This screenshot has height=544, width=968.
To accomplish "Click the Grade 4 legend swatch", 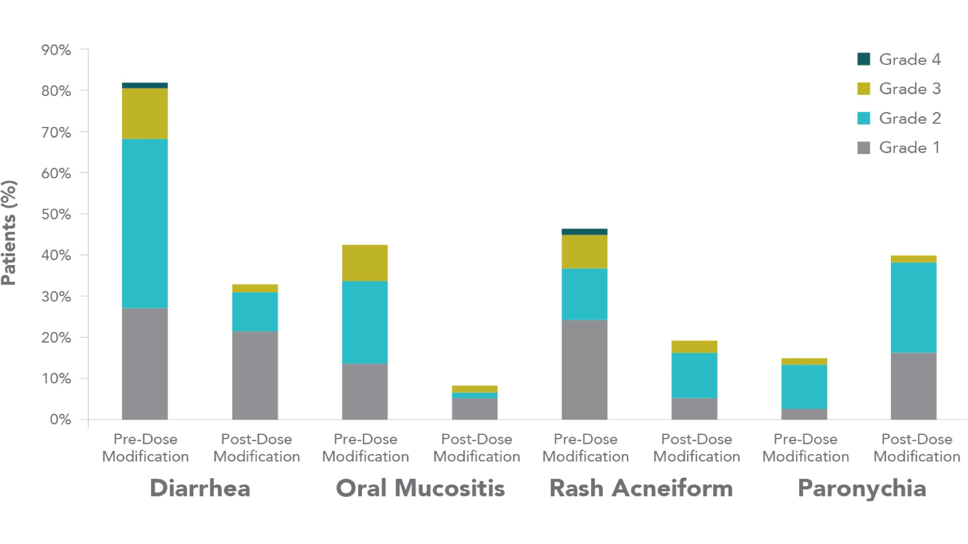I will pyautogui.click(x=864, y=59).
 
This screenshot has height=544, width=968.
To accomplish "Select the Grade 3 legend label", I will pyautogui.click(x=910, y=88).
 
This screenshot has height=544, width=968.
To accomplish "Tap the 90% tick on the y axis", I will pyautogui.click(x=56, y=50).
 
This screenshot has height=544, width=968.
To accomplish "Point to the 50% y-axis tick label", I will pyautogui.click(x=56, y=214).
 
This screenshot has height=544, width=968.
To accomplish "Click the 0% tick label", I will pyautogui.click(x=60, y=419).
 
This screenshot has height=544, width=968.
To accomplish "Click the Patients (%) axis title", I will pyautogui.click(x=9, y=233).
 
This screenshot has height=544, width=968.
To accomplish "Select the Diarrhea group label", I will pyautogui.click(x=200, y=488).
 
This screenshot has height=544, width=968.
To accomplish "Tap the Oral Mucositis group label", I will pyautogui.click(x=420, y=488).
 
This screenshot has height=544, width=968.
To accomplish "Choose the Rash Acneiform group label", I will pyautogui.click(x=641, y=488).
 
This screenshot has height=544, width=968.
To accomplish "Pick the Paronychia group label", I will pyautogui.click(x=861, y=488).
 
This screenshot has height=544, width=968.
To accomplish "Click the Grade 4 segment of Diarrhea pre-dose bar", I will pyautogui.click(x=145, y=85).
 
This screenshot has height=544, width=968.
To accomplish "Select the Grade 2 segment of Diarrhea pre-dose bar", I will pyautogui.click(x=145, y=223).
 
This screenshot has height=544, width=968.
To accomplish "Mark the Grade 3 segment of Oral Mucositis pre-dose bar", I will pyautogui.click(x=365, y=263).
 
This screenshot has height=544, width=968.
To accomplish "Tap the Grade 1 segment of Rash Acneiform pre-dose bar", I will pyautogui.click(x=584, y=369).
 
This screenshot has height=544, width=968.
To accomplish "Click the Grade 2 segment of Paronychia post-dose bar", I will pyautogui.click(x=913, y=307).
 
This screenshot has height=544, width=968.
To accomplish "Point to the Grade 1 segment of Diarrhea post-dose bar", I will pyautogui.click(x=255, y=375).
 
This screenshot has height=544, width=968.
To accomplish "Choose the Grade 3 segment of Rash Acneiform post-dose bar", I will pyautogui.click(x=694, y=346).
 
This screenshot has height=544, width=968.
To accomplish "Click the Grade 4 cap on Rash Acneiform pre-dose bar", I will pyautogui.click(x=584, y=232).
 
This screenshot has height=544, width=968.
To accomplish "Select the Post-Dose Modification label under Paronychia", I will pyautogui.click(x=917, y=448).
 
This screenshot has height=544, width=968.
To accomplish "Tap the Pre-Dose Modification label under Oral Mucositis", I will pyautogui.click(x=365, y=448).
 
